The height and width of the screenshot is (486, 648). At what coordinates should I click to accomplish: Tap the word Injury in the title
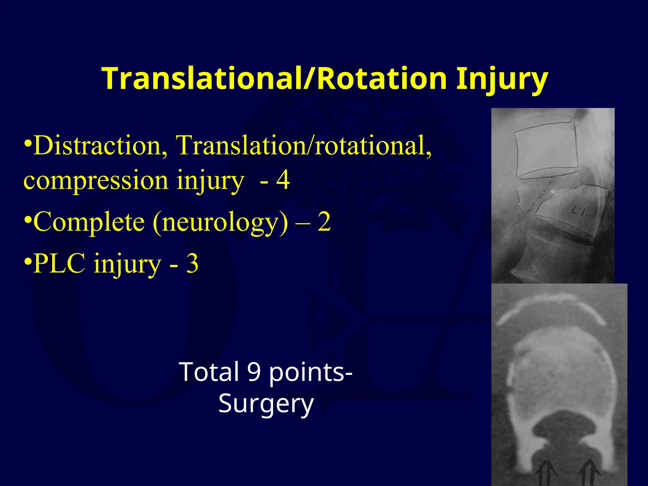pos(502,79)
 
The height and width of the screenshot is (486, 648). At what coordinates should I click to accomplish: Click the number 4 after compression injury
pos(283,180)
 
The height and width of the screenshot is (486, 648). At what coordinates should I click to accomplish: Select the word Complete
pos(89,221)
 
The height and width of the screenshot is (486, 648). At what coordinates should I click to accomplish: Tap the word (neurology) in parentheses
pos(221,223)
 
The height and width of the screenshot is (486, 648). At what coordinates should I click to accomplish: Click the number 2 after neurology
pos(324,221)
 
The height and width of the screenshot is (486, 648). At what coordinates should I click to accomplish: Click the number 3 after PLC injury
pos(192,264)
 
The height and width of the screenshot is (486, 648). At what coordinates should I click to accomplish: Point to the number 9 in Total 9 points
pos(254,372)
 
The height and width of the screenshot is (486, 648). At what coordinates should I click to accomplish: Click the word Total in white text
pos(209,372)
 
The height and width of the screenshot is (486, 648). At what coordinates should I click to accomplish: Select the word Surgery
pos(266,404)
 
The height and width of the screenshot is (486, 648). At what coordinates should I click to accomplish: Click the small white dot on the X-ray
pos(552,191)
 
